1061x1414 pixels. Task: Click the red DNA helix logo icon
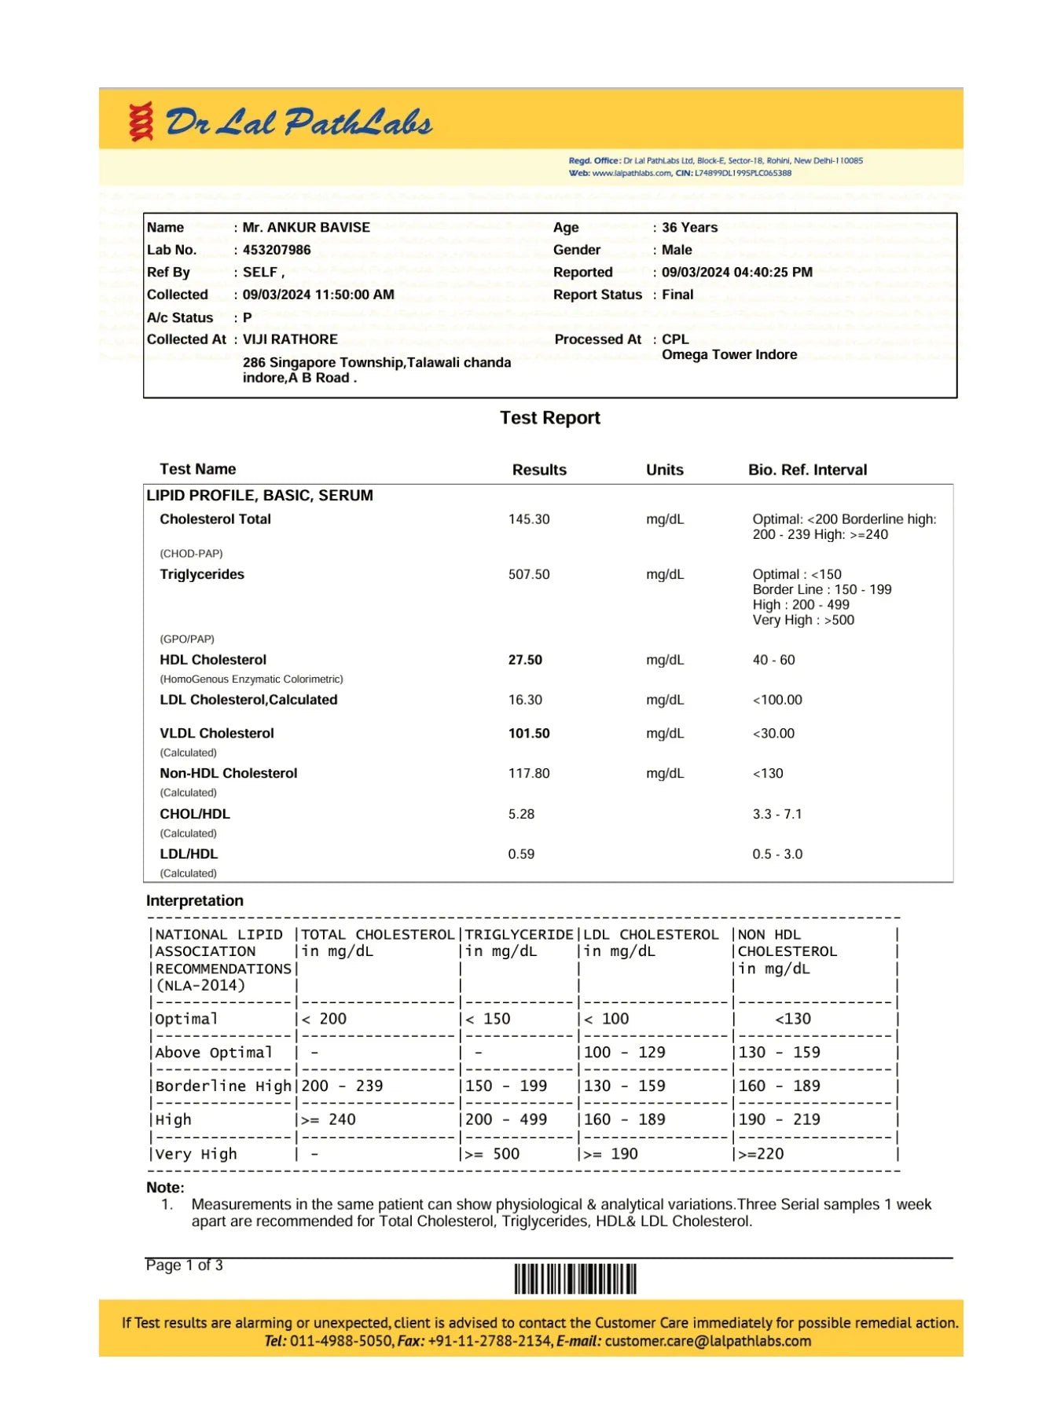[x=141, y=122]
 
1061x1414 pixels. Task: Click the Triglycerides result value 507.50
[x=529, y=574]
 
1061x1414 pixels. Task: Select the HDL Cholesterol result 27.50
[x=525, y=660]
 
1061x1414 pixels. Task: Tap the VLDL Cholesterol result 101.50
[x=529, y=733]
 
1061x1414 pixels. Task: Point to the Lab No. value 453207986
[x=277, y=250]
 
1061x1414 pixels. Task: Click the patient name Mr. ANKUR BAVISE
[x=306, y=227]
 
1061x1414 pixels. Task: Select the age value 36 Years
[x=689, y=227]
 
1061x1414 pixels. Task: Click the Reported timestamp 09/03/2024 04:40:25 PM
[x=736, y=272]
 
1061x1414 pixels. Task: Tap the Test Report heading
[x=550, y=418]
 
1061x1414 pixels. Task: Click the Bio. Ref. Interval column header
[x=807, y=470]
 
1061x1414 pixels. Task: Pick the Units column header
[x=664, y=470]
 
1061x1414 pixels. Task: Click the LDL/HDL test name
[x=189, y=854]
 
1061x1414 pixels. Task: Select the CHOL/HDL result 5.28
[x=521, y=814]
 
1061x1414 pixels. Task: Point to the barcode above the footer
[x=575, y=1279]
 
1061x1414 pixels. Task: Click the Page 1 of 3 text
[x=184, y=1266]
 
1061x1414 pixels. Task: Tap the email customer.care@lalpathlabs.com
[x=707, y=1341]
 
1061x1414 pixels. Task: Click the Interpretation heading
[x=194, y=900]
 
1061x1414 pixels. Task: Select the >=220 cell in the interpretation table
[x=761, y=1154]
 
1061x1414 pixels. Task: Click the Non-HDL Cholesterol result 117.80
[x=529, y=773]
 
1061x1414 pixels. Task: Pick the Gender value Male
[x=677, y=250]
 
